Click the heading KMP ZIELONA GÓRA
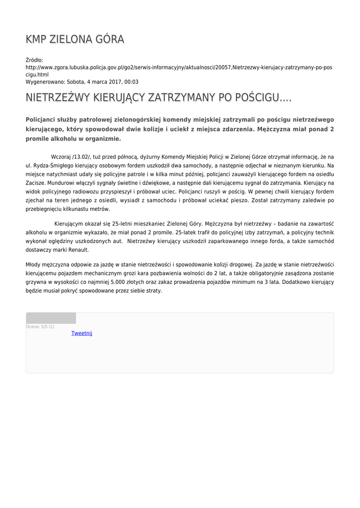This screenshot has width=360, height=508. [x=75, y=39]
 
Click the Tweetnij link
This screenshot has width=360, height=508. [x=82, y=333]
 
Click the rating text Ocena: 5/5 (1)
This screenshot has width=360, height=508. [x=40, y=327]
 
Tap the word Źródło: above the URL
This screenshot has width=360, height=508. [x=35, y=60]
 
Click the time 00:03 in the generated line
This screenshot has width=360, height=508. [x=132, y=82]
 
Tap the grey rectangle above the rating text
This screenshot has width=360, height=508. [x=51, y=318]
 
